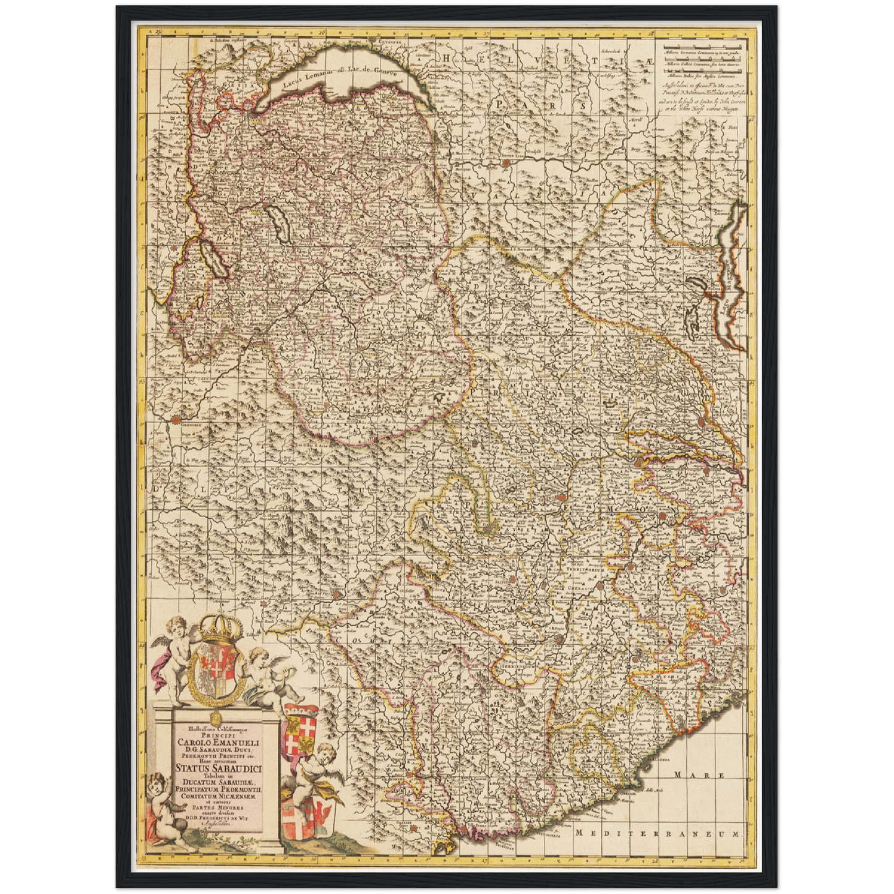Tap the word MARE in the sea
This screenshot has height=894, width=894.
pyautogui.click(x=690, y=775)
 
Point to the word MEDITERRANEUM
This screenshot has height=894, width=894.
pyautogui.click(x=656, y=833)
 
